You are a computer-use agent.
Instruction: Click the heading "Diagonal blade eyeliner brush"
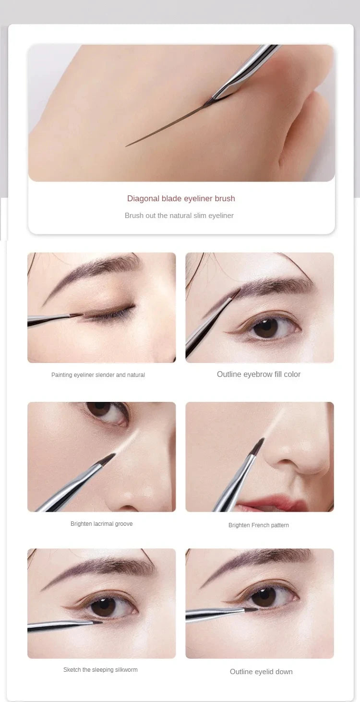[181, 198]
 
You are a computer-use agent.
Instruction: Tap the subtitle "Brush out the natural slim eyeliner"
[179, 216]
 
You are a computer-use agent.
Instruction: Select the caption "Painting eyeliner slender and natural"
[98, 375]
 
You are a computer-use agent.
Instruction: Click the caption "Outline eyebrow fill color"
[259, 374]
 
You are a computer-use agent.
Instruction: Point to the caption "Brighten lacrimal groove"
[101, 524]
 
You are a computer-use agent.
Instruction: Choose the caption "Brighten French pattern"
[259, 525]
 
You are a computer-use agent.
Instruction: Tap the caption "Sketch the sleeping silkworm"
[100, 670]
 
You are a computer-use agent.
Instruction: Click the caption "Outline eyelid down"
[261, 672]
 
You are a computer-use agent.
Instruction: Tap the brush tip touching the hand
[209, 102]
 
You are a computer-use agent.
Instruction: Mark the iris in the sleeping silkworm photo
[103, 606]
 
